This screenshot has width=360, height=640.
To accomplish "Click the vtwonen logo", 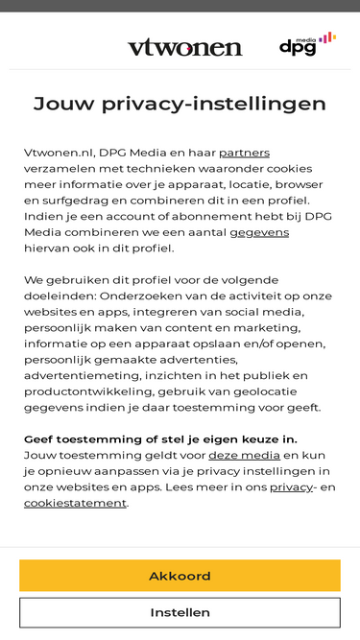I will point(184,47).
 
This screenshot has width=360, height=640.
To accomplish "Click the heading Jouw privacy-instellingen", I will point(180,104).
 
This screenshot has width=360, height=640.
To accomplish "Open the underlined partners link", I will point(244,153).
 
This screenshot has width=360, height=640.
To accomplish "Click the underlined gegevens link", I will point(259,232).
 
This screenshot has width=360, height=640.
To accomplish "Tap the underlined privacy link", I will point(291,486).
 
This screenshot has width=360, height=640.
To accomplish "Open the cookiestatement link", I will point(75,503).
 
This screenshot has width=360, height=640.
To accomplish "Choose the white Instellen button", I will point(180,612).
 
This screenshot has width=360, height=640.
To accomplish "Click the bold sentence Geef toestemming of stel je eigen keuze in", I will point(160,439).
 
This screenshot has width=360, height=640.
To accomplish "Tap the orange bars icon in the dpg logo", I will point(327,37).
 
